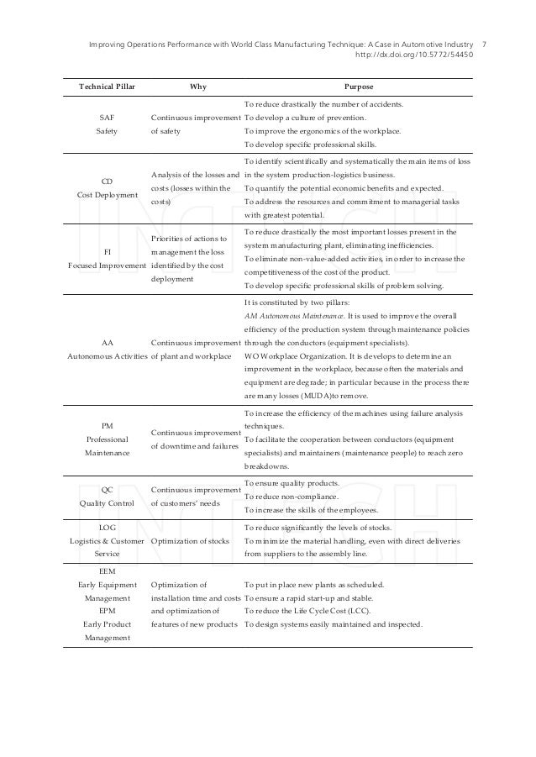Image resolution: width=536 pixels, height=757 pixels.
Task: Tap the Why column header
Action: (196, 86)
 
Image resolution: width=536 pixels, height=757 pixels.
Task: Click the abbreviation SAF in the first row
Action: (107, 118)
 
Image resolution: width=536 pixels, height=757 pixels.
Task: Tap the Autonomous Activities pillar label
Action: (107, 357)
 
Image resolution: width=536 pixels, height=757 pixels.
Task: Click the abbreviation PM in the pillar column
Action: (107, 426)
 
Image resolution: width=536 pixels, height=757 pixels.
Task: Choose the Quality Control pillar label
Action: (107, 503)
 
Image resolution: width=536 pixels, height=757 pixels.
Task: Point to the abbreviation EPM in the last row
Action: (107, 611)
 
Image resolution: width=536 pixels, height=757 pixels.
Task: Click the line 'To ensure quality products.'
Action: (292, 483)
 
